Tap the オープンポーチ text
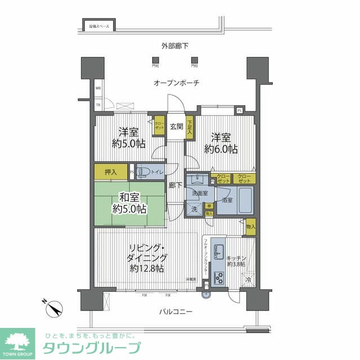click(x=177, y=83)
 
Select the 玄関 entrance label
click(x=177, y=127)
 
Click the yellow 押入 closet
click(x=111, y=172)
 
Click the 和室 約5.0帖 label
click(x=129, y=203)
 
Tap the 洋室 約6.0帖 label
click(x=223, y=143)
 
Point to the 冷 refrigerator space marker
click(x=248, y=280)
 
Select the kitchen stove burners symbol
click(x=218, y=277)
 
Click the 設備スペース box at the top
click(x=98, y=26)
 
